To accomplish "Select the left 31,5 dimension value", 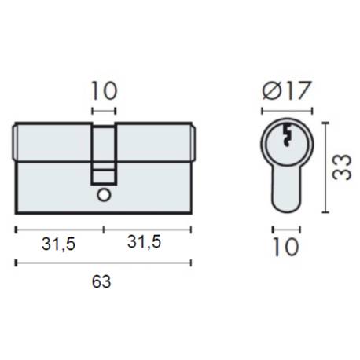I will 58,244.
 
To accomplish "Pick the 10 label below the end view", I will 286,248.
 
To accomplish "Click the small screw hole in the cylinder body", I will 104,194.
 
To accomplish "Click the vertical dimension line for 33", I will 325,167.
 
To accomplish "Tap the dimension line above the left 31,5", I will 60,230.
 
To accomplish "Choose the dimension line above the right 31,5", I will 147,230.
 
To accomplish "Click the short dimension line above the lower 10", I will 285,230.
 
